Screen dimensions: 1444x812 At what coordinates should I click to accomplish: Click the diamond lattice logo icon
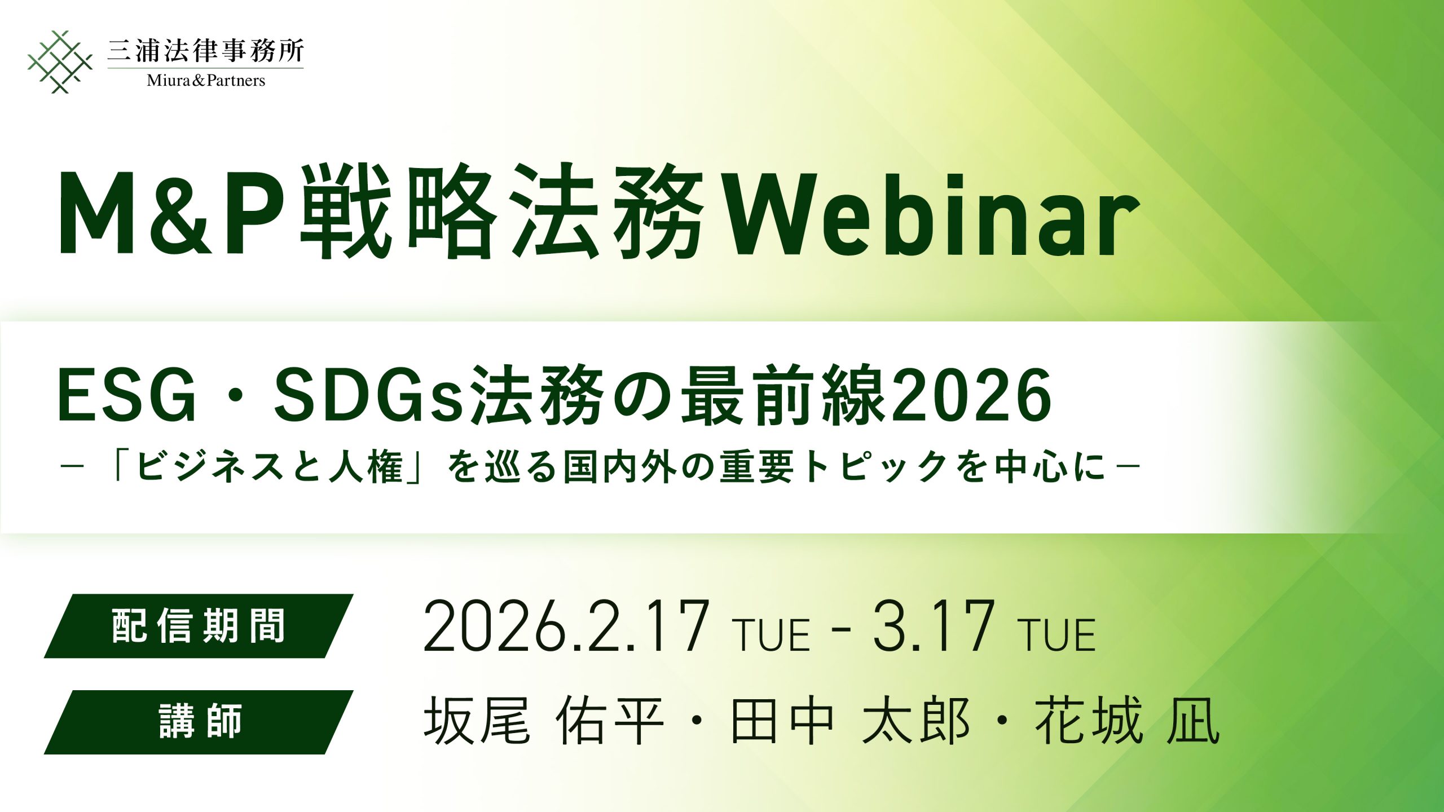60,62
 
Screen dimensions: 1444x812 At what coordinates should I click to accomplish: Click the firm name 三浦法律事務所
205,51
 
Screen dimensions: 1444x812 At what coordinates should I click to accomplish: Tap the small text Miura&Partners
206,81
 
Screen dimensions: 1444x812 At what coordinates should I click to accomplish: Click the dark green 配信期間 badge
199,626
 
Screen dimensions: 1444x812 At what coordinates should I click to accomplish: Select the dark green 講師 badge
199,722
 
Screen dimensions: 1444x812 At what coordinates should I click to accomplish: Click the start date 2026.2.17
566,627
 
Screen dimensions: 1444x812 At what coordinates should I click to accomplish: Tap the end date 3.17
934,627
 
